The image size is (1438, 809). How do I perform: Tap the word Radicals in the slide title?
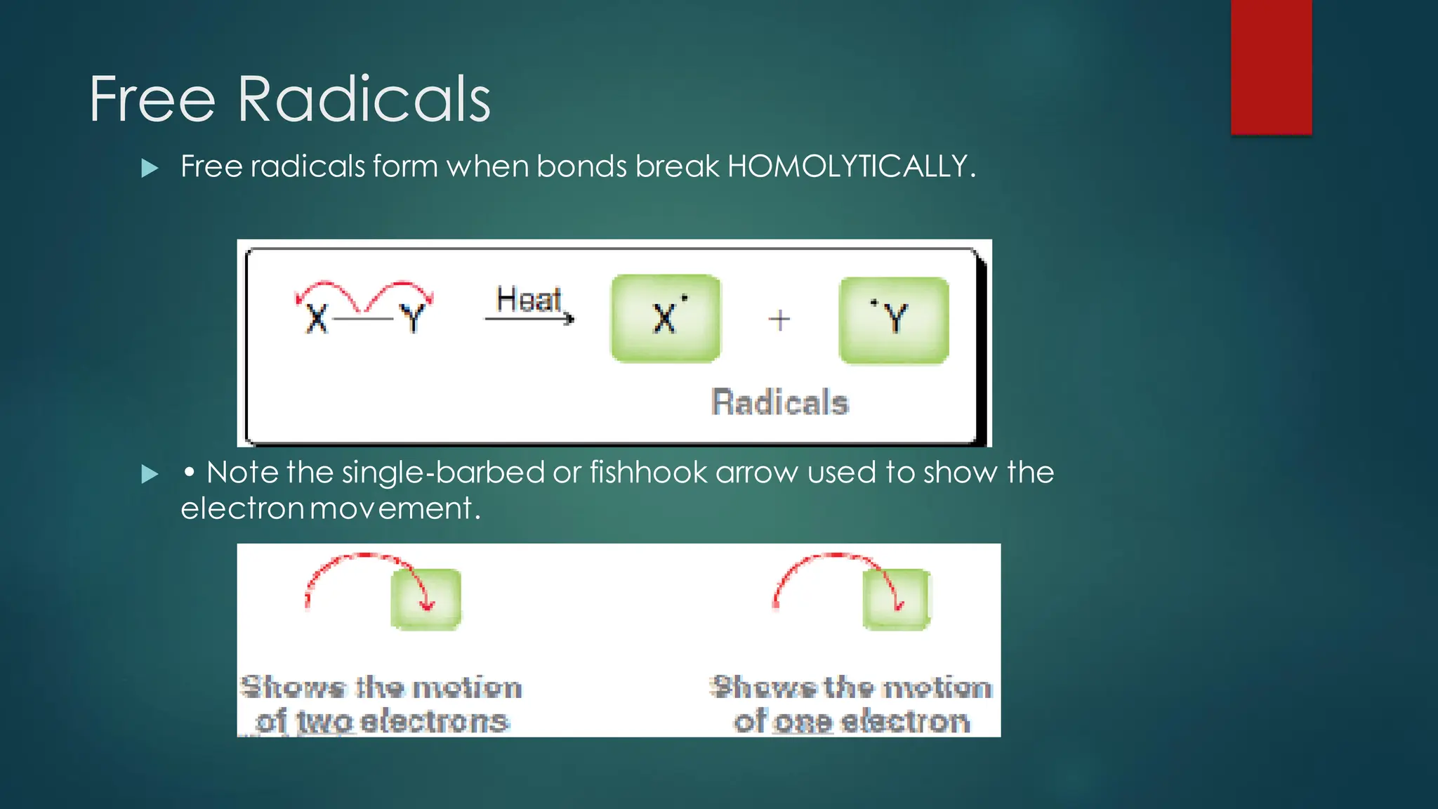[x=363, y=100]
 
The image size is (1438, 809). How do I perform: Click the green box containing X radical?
[x=666, y=318]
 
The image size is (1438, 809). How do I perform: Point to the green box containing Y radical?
[x=894, y=320]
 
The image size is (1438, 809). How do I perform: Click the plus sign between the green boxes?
[x=779, y=320]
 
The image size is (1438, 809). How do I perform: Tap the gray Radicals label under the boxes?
[x=780, y=402]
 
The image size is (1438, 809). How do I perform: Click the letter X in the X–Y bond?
[x=317, y=319]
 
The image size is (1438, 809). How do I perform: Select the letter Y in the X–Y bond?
[x=412, y=319]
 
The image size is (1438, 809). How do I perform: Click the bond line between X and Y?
[x=363, y=320]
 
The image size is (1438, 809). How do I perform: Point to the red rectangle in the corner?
[x=1271, y=67]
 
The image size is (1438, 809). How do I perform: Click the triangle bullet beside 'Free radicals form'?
[x=150, y=168]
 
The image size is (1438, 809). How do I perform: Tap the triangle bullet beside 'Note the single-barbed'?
[x=150, y=474]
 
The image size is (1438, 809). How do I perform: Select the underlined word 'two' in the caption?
[x=324, y=722]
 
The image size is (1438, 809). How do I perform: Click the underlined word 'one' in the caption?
[x=802, y=722]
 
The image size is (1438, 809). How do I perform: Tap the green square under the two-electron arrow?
[x=426, y=599]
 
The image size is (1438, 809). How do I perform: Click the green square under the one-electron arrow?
[x=896, y=599]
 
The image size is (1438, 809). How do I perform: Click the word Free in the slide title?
[x=152, y=100]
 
